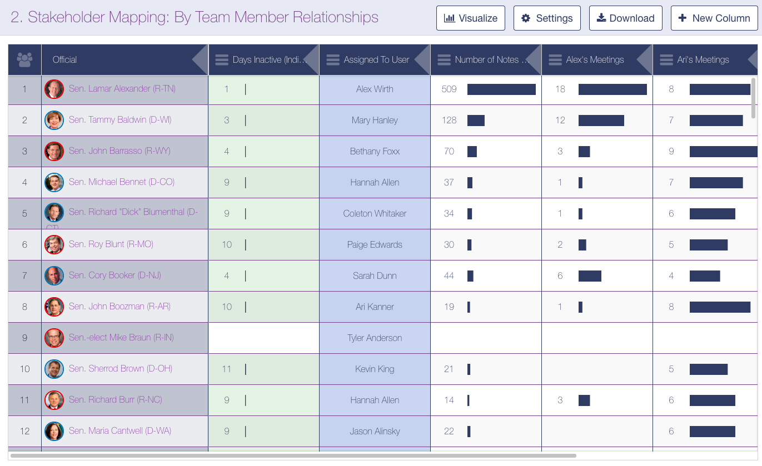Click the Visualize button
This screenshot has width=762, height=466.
click(x=470, y=18)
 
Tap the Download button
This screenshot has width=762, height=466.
click(x=625, y=18)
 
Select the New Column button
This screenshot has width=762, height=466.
click(x=714, y=18)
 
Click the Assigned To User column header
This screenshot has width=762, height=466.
click(x=376, y=60)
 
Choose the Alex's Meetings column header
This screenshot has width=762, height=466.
click(x=595, y=60)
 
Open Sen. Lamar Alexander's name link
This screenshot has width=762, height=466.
click(x=122, y=89)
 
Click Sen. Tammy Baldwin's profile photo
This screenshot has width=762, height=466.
click(x=54, y=120)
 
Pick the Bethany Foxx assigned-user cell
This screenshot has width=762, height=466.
click(x=375, y=151)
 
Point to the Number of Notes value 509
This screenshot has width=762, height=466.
click(x=449, y=89)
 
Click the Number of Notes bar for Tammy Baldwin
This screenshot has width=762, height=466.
click(x=476, y=120)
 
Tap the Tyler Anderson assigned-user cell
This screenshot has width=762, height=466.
click(x=375, y=338)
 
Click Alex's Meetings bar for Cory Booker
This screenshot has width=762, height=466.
click(x=590, y=275)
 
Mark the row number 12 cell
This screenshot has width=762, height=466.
click(x=24, y=431)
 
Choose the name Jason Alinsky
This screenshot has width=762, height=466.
click(x=375, y=431)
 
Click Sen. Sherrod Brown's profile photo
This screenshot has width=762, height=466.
click(x=54, y=369)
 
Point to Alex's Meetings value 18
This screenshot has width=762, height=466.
click(x=560, y=89)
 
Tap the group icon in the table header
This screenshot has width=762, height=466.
click(x=24, y=59)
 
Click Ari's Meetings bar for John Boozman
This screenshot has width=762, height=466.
click(x=720, y=307)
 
